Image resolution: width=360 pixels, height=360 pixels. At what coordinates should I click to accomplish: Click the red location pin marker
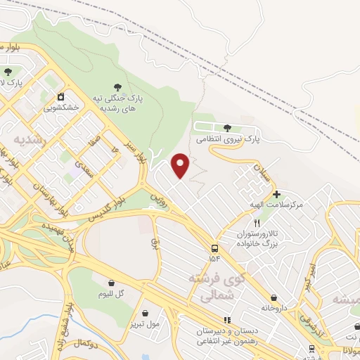click(x=181, y=165)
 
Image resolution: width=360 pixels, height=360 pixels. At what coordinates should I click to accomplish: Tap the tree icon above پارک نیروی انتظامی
click(x=227, y=127)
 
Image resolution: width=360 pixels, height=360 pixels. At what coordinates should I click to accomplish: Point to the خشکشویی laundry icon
click(x=61, y=96)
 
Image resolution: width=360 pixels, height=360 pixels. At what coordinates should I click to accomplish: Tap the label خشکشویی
click(x=61, y=108)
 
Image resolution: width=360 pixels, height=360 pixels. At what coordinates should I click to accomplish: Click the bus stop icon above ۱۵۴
click(x=214, y=247)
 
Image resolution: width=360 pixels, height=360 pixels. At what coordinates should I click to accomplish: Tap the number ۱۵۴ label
click(x=214, y=258)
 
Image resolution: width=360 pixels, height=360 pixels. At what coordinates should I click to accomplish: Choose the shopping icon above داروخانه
click(x=274, y=297)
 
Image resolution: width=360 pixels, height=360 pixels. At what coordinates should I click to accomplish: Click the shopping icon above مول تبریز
click(x=145, y=314)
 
